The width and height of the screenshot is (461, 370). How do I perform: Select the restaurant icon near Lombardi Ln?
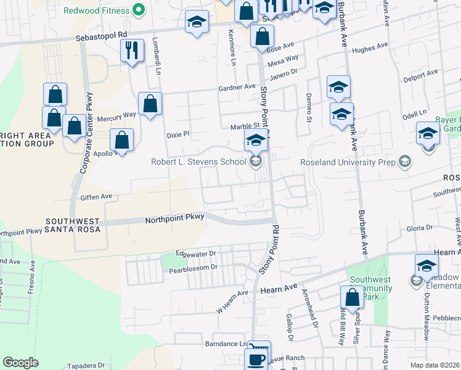tap(132, 51)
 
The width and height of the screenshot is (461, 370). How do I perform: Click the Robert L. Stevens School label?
tap(199, 163)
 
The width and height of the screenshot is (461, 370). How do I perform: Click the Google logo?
tap(21, 363)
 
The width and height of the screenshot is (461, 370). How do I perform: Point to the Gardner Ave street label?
tap(236, 88)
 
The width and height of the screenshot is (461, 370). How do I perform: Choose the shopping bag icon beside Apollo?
tap(122, 140)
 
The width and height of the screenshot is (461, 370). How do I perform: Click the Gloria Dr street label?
tap(420, 228)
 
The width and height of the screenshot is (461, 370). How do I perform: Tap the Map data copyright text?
tap(434, 365)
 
